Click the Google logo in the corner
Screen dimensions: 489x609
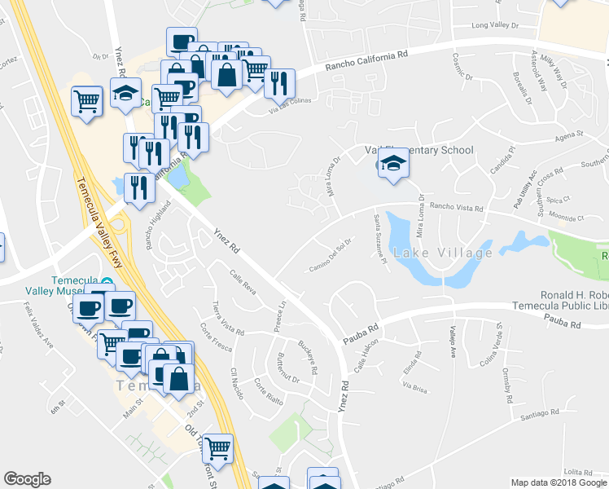click(x=28, y=479)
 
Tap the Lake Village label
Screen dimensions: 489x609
click(x=443, y=253)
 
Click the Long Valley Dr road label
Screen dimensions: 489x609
click(x=495, y=26)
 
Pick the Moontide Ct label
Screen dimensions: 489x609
click(x=567, y=218)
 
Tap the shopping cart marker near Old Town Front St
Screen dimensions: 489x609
click(x=217, y=447)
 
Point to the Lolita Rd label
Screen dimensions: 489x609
click(x=576, y=472)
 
